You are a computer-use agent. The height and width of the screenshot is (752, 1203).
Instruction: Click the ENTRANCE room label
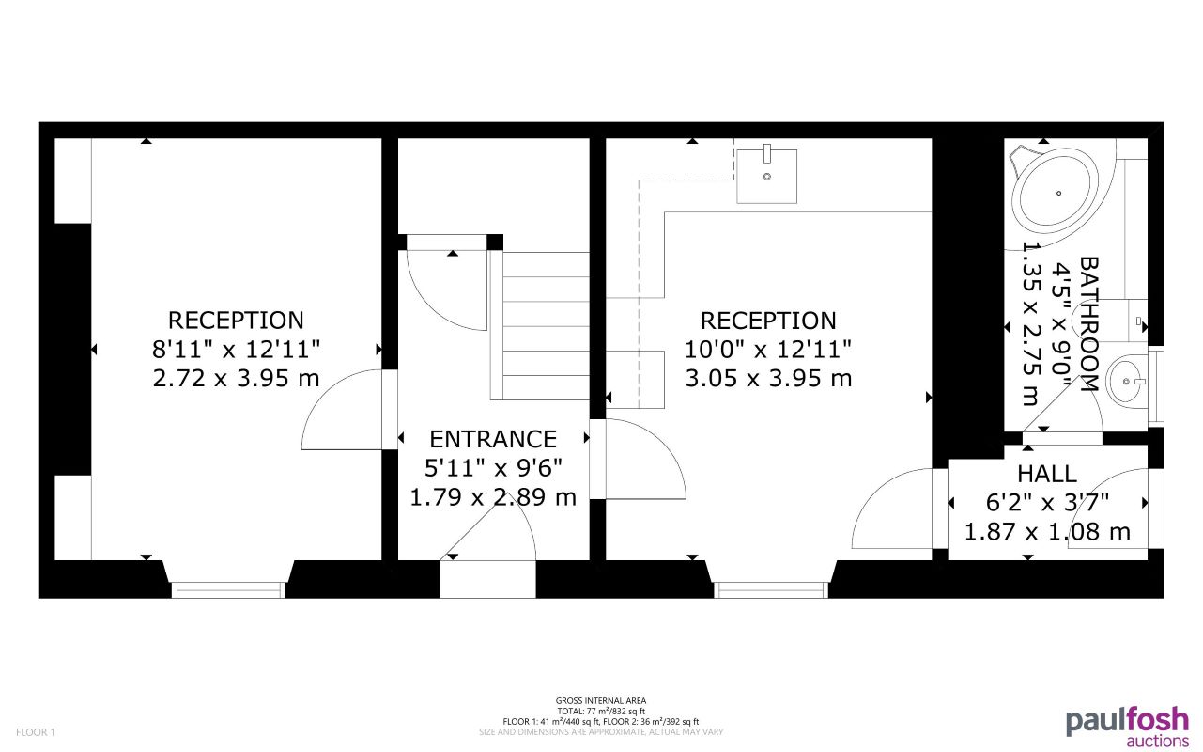pos(493,439)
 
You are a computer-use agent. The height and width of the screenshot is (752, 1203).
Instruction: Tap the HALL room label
pos(1046,474)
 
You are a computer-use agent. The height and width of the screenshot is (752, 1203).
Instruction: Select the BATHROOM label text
pos(1088,324)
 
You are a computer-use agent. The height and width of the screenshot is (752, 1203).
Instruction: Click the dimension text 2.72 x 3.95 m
pos(236,379)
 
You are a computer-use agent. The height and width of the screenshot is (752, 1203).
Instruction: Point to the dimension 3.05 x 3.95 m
pos(768,379)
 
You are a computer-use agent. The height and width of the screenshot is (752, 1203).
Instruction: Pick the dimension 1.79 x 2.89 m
pos(493,497)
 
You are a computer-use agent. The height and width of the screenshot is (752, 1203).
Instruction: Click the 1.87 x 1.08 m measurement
pos(1047,532)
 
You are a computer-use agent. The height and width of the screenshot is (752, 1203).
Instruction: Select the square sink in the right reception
pos(766,175)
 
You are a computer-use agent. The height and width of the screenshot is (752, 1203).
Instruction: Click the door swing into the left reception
pos(343,410)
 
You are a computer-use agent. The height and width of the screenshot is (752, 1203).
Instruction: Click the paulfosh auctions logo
pos(1127,727)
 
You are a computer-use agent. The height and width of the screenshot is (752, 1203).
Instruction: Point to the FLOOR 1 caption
pos(36,731)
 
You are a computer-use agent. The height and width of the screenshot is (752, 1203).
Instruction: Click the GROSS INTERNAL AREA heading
pos(601,700)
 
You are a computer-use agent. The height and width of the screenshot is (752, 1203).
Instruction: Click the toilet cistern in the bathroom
pos(1138,321)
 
